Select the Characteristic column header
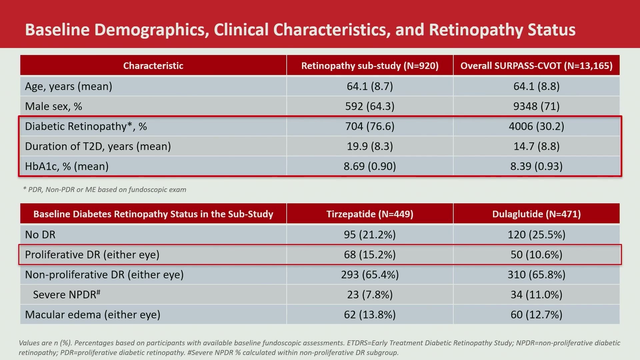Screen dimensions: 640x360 [153, 66]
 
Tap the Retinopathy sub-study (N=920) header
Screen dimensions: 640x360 [370, 66]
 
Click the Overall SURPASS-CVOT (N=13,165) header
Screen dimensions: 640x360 [537, 66]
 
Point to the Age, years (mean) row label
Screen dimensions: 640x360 [68, 86]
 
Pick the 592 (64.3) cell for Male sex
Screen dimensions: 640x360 [370, 106]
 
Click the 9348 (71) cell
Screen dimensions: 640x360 [537, 106]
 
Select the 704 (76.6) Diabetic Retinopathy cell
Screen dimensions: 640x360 [370, 126]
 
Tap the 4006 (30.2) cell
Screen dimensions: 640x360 [537, 126]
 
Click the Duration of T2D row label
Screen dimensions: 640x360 [98, 146]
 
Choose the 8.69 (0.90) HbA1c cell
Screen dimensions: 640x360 [370, 166]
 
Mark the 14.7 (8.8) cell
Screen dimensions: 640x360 [537, 146]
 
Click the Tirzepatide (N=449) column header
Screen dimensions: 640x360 [370, 214]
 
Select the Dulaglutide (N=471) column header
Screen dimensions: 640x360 [537, 214]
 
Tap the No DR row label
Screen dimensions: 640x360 [40, 235]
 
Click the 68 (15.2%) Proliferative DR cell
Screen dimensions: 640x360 [370, 255]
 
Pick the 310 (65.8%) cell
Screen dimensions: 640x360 [537, 275]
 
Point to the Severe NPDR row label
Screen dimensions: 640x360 [67, 294]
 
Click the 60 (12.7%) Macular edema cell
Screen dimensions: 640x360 [537, 315]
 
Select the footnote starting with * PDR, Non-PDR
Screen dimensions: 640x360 [105, 190]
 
